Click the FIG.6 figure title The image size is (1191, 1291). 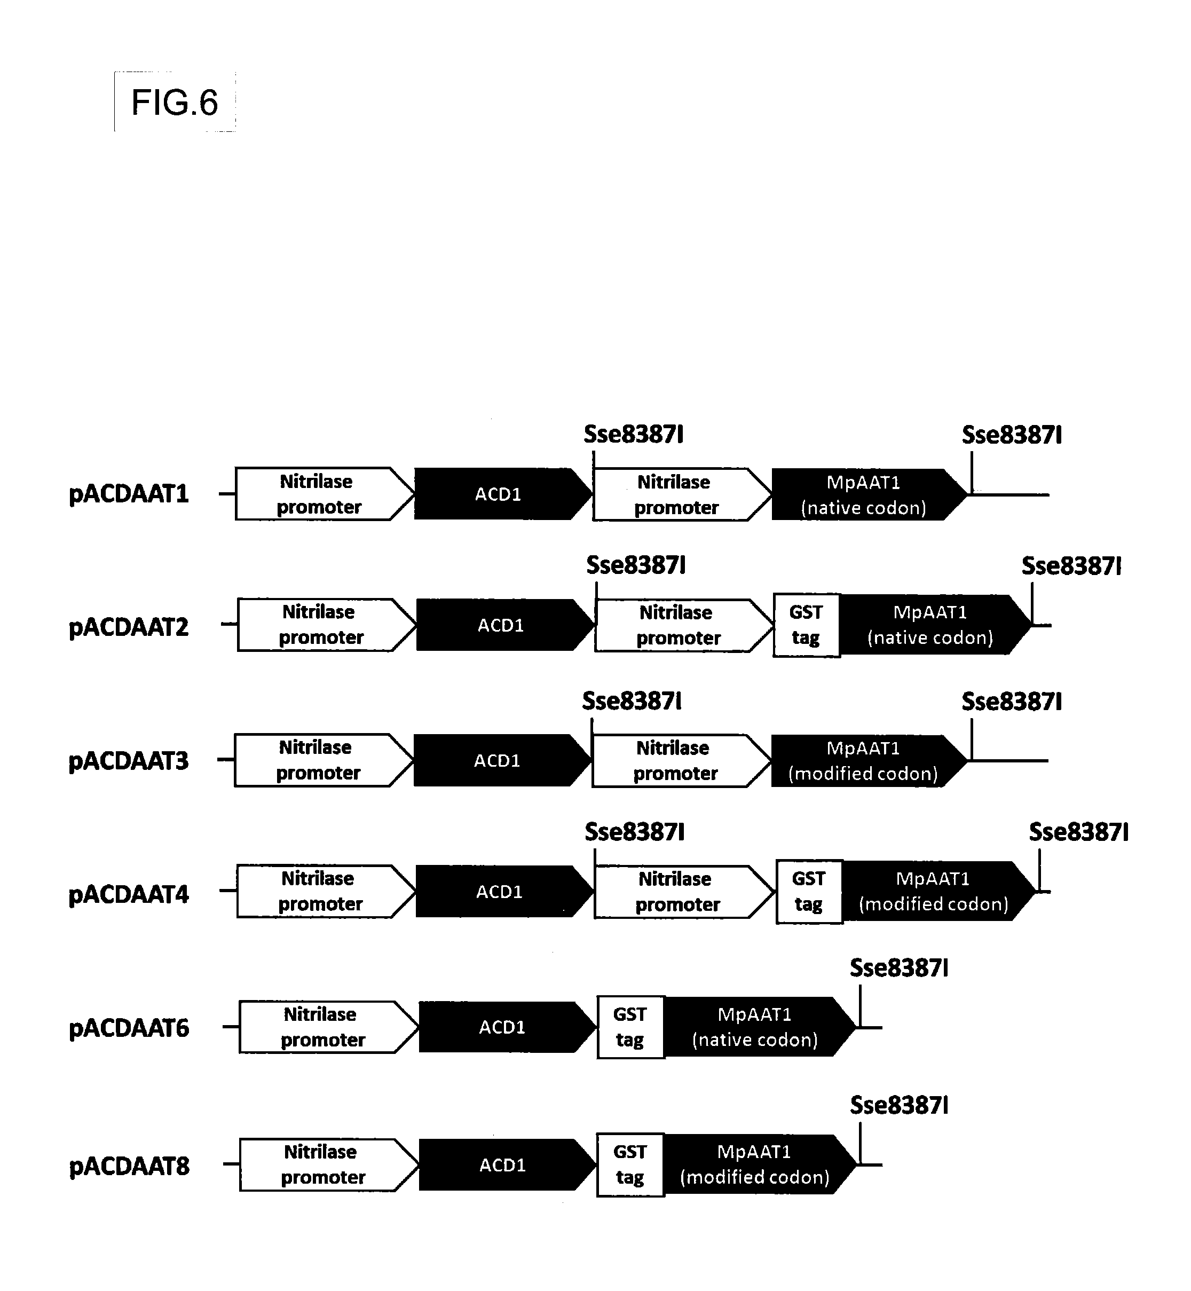coord(175,103)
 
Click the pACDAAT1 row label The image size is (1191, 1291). coord(129,494)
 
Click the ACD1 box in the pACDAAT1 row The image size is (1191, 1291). coord(503,494)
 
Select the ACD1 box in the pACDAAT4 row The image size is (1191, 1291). coord(504,892)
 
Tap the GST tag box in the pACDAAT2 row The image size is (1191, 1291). coord(806,625)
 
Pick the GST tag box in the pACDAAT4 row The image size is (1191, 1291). coord(809,892)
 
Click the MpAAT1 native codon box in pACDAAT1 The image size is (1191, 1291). coord(870,494)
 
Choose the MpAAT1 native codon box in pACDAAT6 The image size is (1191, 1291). coord(760,1027)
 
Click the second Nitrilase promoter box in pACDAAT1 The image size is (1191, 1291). coord(682,494)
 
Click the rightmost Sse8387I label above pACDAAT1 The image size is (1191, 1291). coord(1012,436)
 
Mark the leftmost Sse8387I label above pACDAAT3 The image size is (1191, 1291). coord(632,701)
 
